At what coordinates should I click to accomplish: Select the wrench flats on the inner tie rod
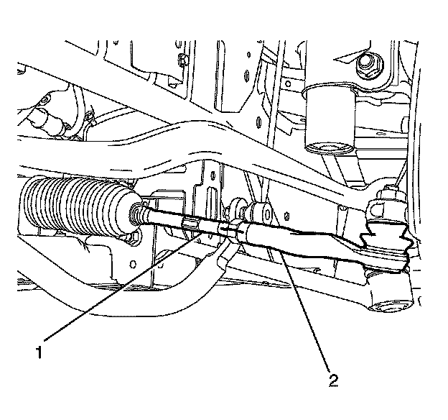190,224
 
